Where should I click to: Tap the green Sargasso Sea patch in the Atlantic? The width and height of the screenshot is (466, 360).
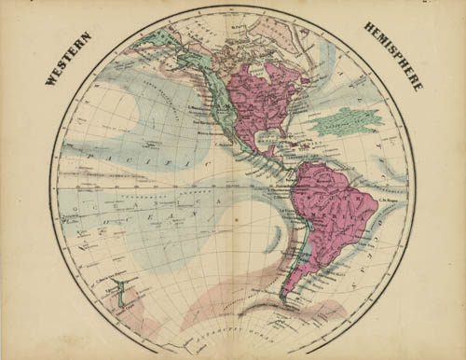pyautogui.click(x=345, y=120)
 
